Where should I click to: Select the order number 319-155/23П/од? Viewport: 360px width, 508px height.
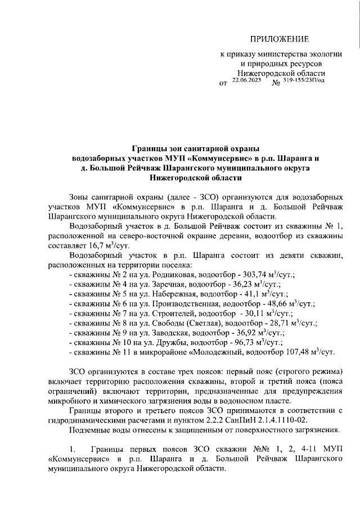pos(304,81)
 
